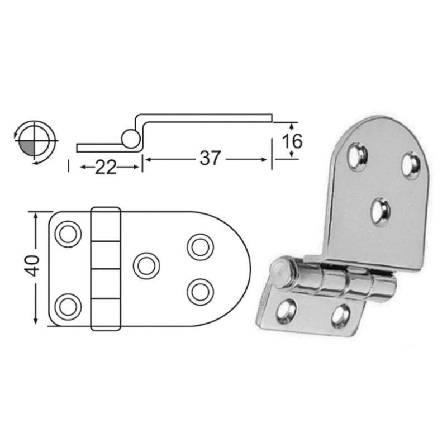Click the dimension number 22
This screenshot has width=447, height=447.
click(106, 167)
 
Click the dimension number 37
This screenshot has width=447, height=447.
click(210, 158)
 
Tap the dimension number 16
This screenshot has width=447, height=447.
click(292, 141)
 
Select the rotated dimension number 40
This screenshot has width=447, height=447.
click(32, 266)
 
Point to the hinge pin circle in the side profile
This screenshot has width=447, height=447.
click(131, 139)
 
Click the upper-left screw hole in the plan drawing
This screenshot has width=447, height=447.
click(68, 234)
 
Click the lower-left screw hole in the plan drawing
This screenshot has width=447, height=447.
click(68, 307)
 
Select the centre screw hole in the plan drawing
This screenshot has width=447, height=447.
click(146, 266)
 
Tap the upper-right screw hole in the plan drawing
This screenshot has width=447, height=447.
click(201, 247)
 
